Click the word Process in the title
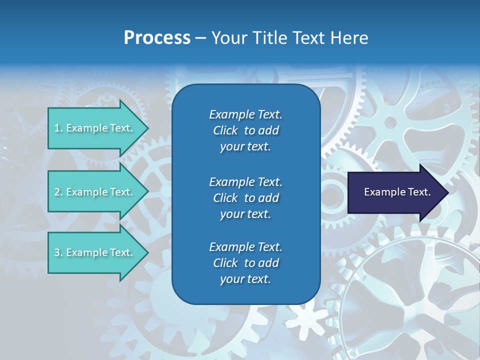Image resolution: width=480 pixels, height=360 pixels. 157,38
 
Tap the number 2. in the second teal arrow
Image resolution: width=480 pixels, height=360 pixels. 58,192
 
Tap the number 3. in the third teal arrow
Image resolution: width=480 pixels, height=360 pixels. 58,252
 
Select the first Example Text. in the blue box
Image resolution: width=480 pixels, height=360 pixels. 245,114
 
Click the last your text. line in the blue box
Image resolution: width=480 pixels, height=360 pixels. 245,279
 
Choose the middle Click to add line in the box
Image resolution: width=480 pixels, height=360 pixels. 245,198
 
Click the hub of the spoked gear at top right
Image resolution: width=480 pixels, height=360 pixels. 391,122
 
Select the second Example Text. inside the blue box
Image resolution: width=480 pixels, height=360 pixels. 245,181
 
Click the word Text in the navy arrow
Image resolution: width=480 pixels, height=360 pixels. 417,192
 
